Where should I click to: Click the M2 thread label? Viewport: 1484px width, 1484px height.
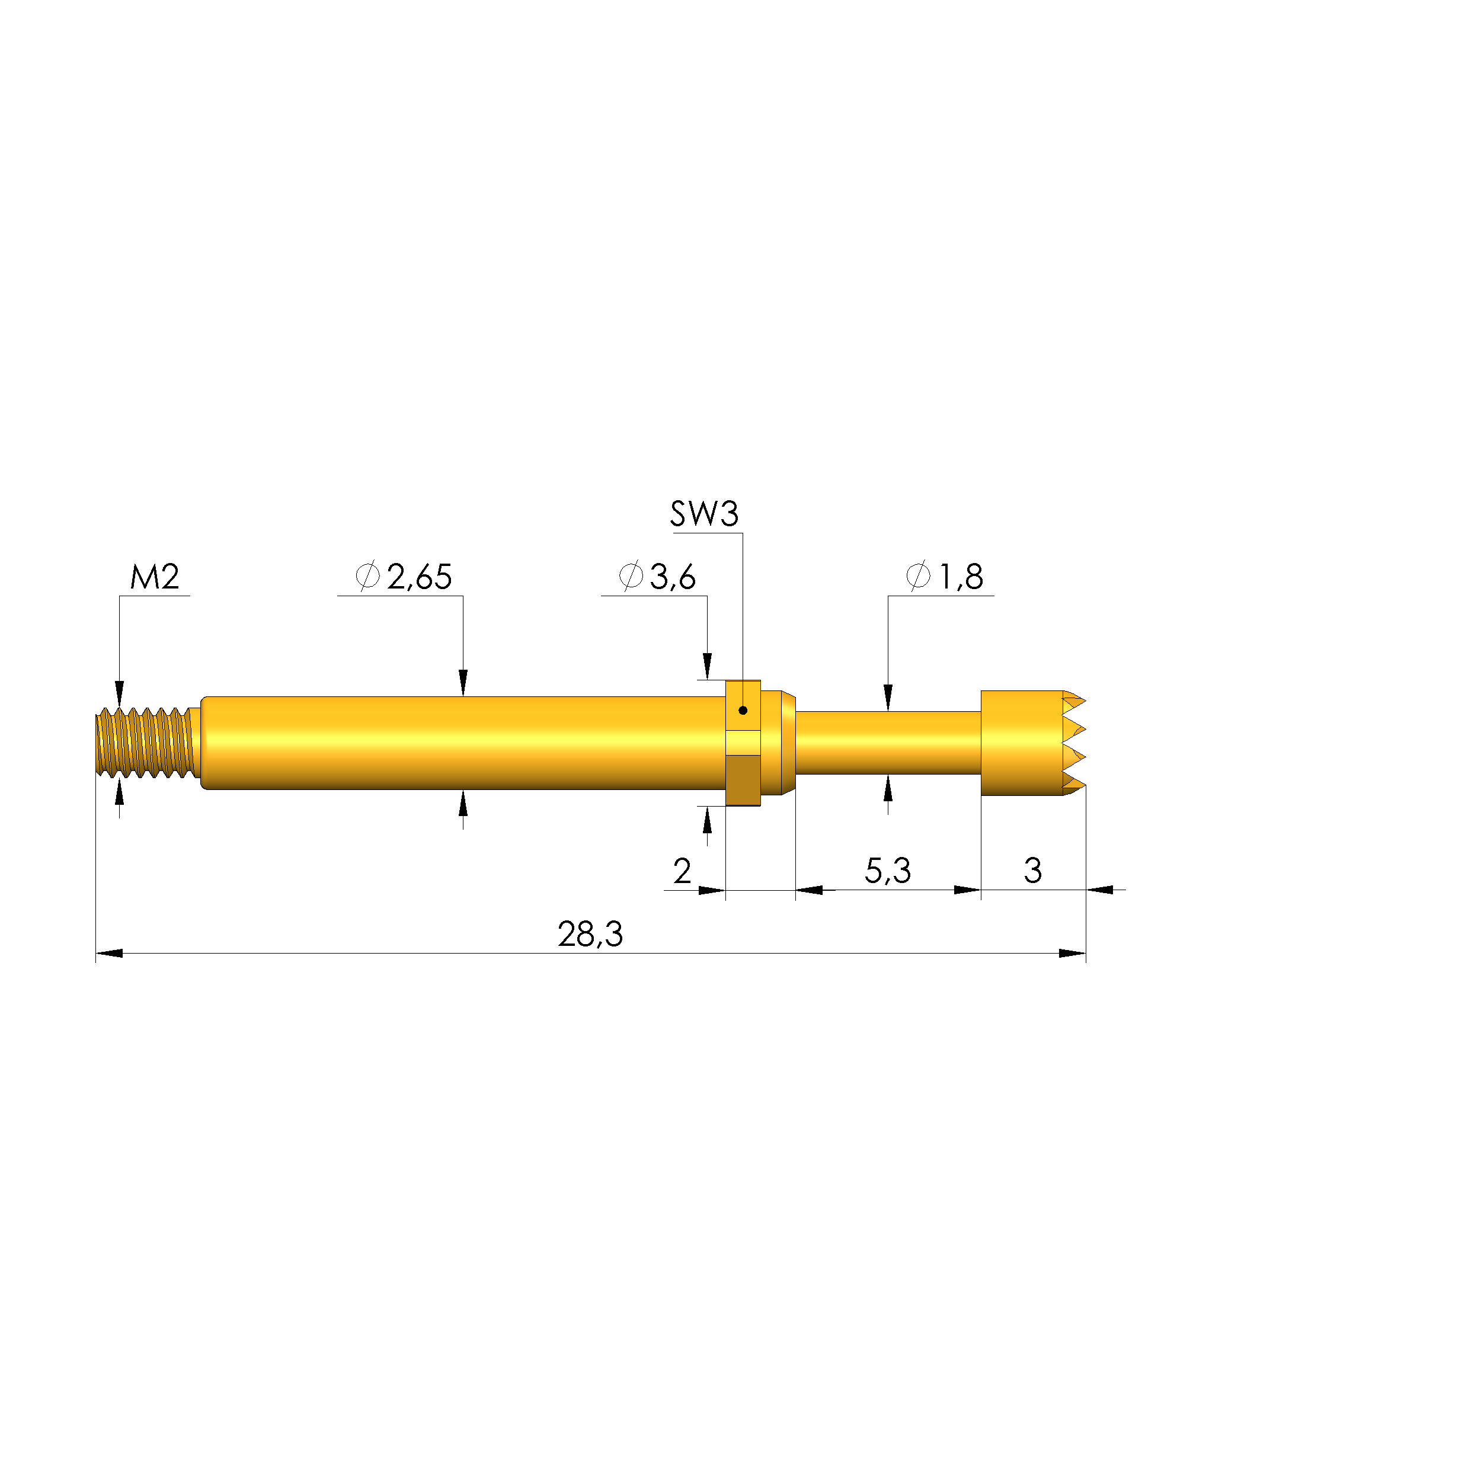click(155, 577)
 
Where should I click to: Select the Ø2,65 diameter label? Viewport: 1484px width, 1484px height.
click(404, 577)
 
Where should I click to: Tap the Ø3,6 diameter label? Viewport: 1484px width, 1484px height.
click(657, 577)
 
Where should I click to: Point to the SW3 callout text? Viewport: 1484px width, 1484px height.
click(703, 514)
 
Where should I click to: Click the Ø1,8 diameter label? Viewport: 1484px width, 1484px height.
click(945, 577)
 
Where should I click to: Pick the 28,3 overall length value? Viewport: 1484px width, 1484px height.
click(590, 935)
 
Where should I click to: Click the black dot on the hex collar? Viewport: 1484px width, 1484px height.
click(743, 711)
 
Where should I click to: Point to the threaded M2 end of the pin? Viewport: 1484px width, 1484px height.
click(145, 743)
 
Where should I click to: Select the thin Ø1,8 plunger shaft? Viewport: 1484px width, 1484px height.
click(887, 743)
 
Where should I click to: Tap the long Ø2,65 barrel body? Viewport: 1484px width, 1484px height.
click(461, 743)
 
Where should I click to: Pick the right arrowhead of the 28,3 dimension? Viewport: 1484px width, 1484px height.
click(1072, 953)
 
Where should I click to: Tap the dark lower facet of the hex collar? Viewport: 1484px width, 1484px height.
click(743, 780)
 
